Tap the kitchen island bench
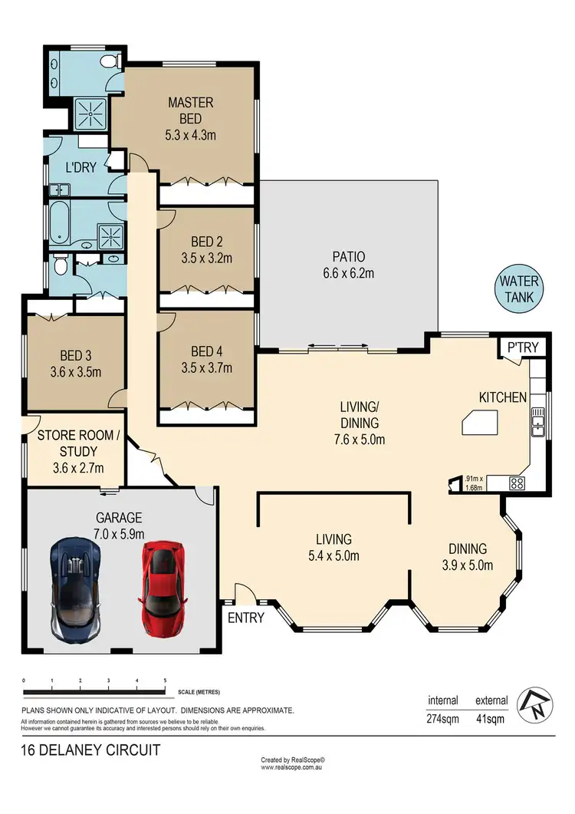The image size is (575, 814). point(478,423)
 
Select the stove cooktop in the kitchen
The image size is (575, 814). point(517,483)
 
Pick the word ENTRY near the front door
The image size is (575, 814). point(246,617)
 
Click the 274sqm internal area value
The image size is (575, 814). point(442,720)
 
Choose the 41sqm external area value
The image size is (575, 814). point(488,720)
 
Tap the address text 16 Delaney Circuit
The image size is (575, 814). point(90,750)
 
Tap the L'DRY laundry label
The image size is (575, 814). point(80,167)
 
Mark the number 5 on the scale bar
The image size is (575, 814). point(166,681)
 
